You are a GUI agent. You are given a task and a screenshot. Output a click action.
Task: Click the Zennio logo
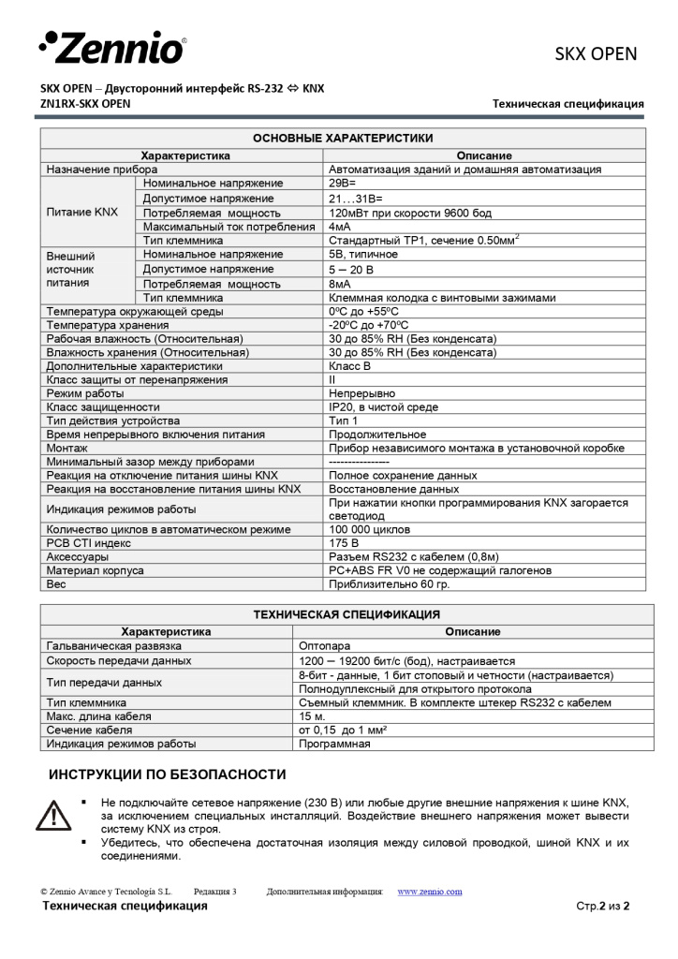(x=111, y=47)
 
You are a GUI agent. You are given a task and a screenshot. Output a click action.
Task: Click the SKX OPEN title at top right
(x=596, y=53)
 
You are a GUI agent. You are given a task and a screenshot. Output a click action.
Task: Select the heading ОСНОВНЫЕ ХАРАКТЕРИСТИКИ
(x=343, y=138)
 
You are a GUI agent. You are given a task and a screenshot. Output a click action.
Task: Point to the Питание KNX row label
(x=82, y=213)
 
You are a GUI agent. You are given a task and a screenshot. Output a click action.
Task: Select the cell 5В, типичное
(x=362, y=255)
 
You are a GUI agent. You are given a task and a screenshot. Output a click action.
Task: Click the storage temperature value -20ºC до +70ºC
(x=368, y=325)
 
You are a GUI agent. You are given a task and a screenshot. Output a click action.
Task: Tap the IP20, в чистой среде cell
(x=383, y=407)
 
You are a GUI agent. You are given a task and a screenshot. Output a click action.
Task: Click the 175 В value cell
(x=344, y=543)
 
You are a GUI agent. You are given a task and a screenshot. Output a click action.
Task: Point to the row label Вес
(x=56, y=583)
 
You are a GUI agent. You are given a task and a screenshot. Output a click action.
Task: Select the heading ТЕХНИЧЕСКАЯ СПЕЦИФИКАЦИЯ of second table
(x=346, y=615)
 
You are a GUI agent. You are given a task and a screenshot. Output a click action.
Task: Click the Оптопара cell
(x=324, y=646)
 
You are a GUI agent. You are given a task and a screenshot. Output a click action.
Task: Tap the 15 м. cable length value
(x=312, y=716)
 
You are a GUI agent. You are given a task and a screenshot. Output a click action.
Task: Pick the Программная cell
(x=334, y=745)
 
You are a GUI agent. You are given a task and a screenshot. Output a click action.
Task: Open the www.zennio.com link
(x=430, y=892)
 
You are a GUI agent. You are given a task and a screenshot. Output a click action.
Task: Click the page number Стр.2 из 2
(x=602, y=907)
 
